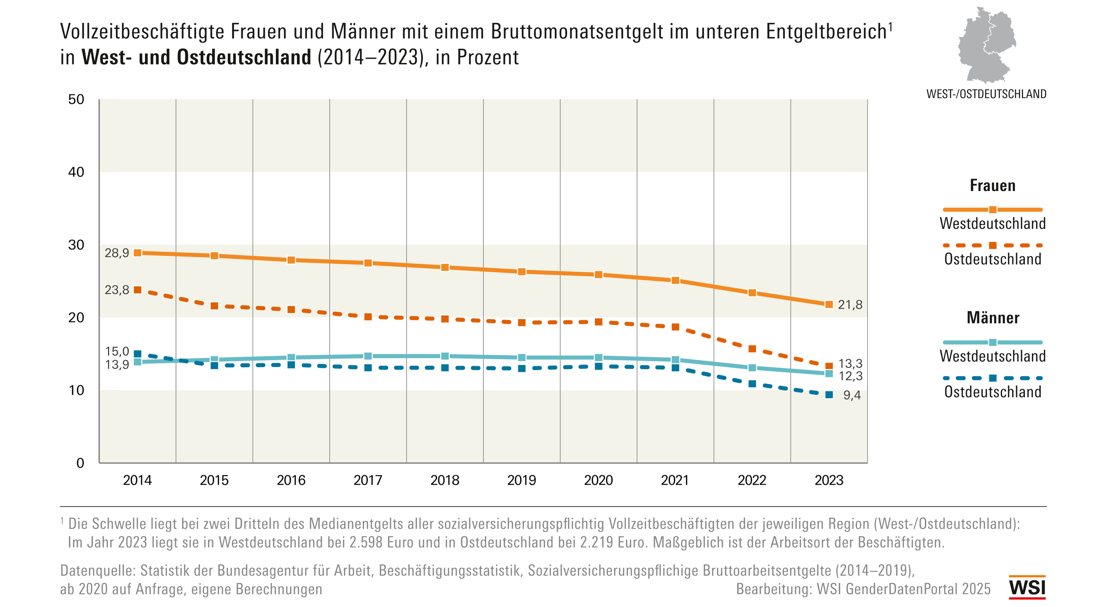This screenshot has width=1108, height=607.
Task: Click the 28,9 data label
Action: click(x=117, y=253)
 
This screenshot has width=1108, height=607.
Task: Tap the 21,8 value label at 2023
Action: click(x=850, y=305)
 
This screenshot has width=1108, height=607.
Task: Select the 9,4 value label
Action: click(x=852, y=395)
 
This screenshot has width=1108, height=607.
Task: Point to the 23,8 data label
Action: click(x=117, y=290)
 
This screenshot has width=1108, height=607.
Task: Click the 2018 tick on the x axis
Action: click(x=445, y=480)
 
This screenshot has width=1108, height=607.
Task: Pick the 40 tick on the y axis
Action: click(x=76, y=172)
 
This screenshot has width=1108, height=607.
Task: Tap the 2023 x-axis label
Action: click(x=829, y=480)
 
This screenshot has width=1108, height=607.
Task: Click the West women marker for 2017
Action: click(x=368, y=263)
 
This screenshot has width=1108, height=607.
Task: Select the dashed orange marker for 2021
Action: click(x=675, y=327)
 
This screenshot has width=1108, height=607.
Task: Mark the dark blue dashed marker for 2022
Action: click(x=752, y=383)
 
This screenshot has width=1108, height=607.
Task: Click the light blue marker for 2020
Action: click(x=598, y=358)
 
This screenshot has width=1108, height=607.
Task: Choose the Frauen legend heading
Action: click(x=992, y=186)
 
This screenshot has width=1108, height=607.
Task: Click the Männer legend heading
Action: click(x=993, y=318)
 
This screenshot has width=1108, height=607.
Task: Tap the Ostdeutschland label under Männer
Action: click(x=993, y=392)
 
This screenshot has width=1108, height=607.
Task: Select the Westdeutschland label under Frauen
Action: click(x=993, y=224)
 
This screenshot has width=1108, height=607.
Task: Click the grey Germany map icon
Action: click(x=987, y=45)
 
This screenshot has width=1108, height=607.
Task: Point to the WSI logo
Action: click(x=1027, y=588)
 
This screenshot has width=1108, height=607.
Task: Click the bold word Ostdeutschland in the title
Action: click(x=244, y=57)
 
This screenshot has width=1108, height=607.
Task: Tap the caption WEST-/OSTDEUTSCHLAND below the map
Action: click(x=986, y=94)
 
